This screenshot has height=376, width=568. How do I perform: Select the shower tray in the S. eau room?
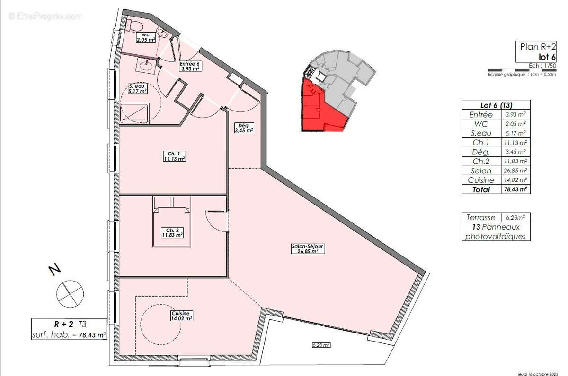click(x=135, y=113)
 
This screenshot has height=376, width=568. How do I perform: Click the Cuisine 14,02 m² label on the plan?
click(x=182, y=316)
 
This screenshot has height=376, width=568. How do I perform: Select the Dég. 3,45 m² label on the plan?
click(x=245, y=128)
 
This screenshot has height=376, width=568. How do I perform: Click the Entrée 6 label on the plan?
click(x=190, y=66)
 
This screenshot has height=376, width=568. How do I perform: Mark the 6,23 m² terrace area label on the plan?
click(x=320, y=345)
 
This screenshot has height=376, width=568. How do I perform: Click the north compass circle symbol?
click(x=70, y=292)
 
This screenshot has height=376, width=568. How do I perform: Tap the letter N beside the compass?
click(x=54, y=270)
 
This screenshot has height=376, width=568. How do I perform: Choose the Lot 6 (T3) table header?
click(x=496, y=105)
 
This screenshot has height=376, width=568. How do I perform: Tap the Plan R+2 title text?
click(x=538, y=47)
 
